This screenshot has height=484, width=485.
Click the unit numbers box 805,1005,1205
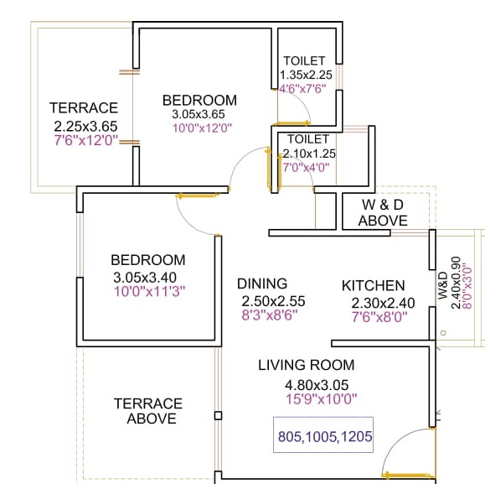[323, 435]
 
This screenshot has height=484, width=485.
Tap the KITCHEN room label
[374, 285]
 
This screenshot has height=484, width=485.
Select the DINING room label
[262, 284]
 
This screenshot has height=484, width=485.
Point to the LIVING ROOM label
[307, 365]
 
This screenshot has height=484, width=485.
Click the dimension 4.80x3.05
[317, 385]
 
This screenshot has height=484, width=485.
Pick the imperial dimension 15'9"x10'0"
[322, 398]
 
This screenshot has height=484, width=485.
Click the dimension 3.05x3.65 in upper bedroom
[199, 114]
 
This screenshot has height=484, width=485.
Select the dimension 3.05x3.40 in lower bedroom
[145, 277]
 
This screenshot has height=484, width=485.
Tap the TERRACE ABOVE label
[148, 411]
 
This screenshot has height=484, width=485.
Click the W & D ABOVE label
[383, 213]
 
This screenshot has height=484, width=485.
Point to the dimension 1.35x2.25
[306, 75]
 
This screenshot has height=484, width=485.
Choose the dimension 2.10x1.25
[309, 154]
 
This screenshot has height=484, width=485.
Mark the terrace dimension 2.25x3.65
[85, 127]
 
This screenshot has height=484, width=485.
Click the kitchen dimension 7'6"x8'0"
[379, 317]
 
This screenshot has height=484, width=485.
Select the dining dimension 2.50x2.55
[273, 301]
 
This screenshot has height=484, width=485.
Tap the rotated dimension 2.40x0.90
[457, 283]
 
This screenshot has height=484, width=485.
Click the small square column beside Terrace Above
[218, 415]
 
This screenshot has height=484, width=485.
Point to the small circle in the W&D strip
[443, 333]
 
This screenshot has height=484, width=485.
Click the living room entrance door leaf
[408, 476]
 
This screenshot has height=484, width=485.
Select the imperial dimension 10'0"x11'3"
[150, 291]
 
